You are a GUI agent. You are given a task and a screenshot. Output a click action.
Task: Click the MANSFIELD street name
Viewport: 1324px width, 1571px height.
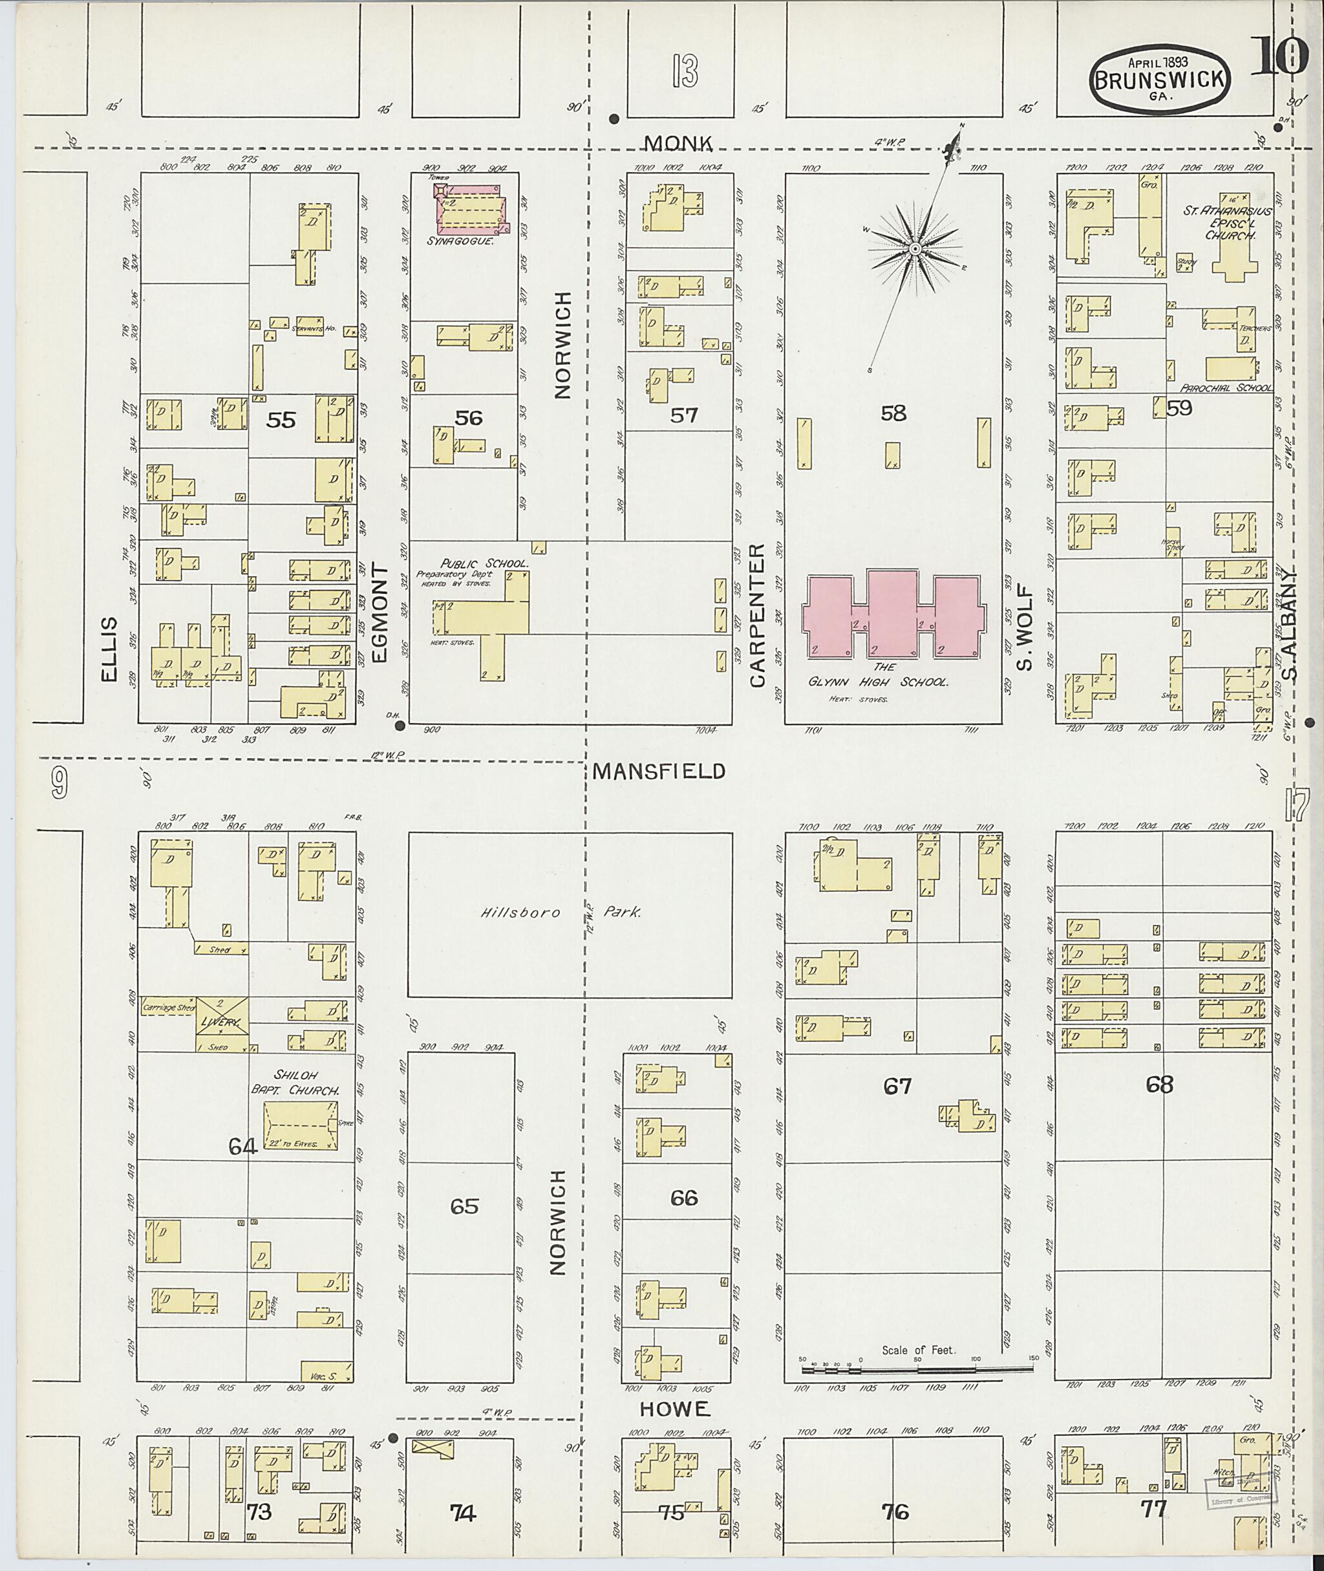(x=658, y=771)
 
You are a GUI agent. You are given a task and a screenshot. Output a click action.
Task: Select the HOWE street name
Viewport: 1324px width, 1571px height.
(x=676, y=1409)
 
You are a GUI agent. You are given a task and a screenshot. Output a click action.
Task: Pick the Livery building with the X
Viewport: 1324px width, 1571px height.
(x=222, y=1024)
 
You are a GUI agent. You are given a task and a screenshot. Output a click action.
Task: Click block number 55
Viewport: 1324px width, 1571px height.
(x=281, y=420)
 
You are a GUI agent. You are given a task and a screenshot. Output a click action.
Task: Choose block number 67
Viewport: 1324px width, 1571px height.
(x=897, y=1086)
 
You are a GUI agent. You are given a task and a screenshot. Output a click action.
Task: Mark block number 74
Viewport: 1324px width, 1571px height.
(x=463, y=1512)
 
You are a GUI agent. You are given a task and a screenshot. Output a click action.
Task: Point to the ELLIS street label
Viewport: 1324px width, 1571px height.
(x=111, y=648)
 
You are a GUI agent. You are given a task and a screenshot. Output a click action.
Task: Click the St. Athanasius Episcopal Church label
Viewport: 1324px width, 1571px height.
(x=1227, y=223)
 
